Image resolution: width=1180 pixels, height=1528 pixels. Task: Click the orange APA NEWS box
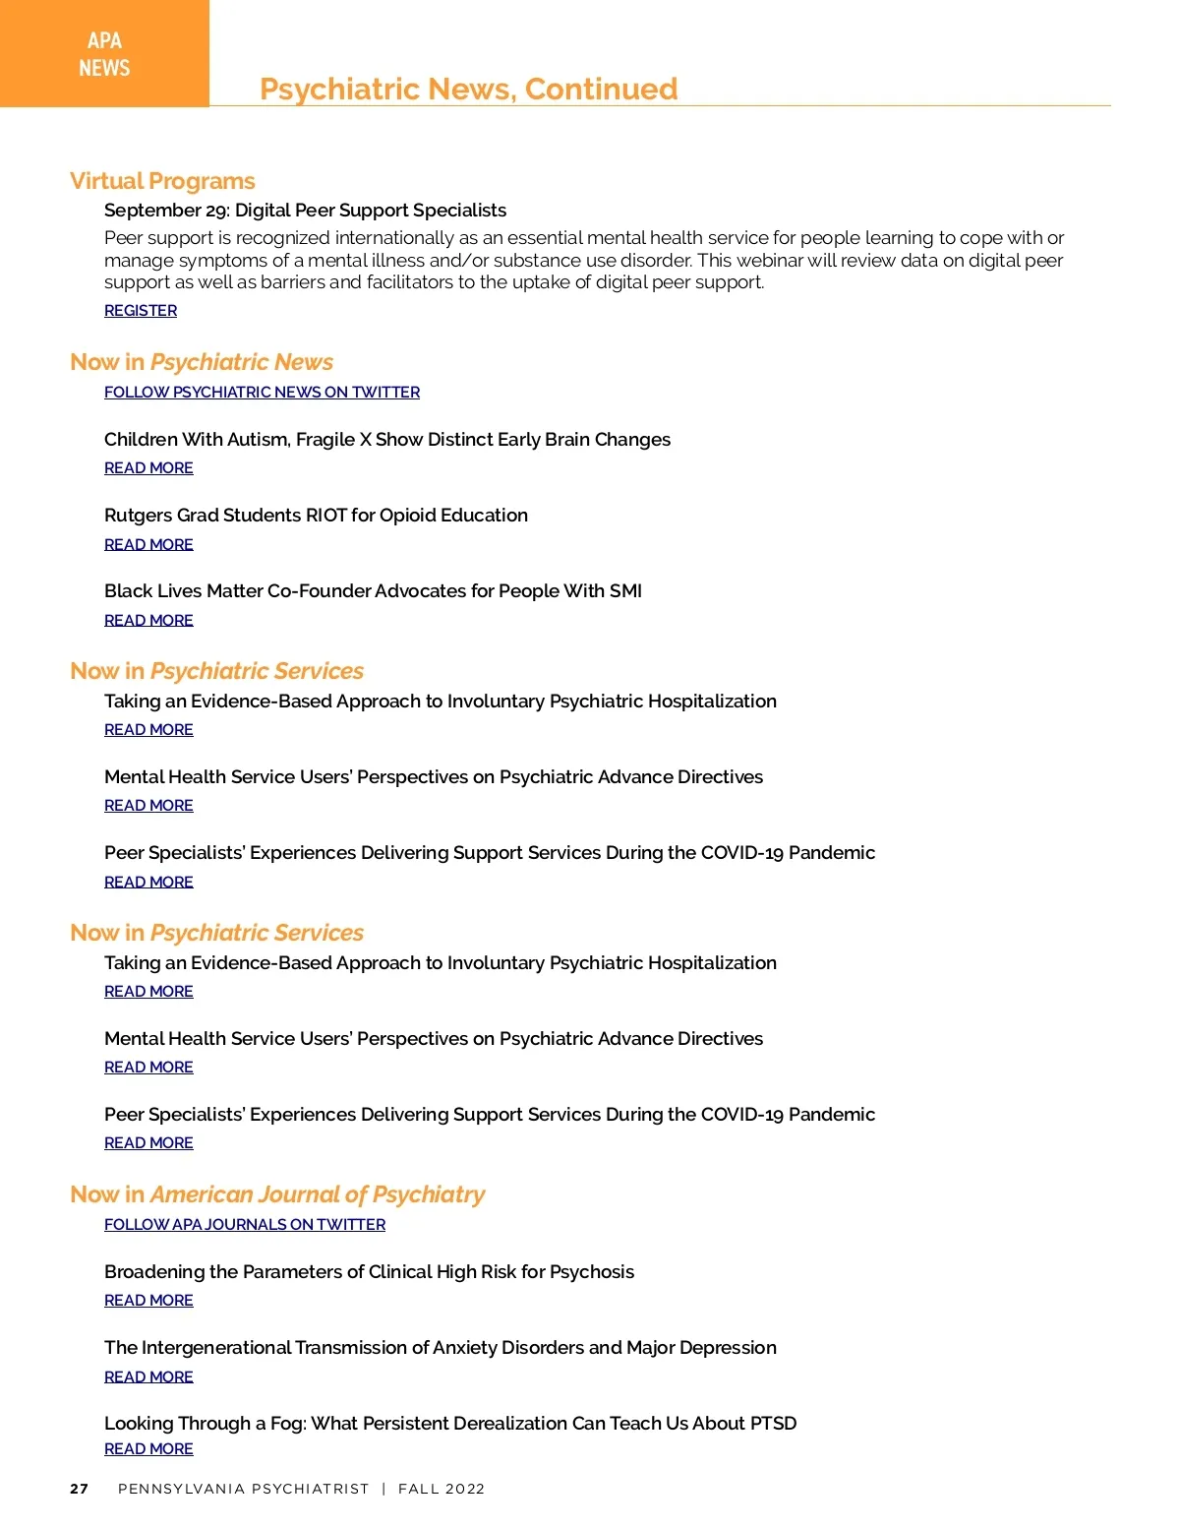(x=104, y=53)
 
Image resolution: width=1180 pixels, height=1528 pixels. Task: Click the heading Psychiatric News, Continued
(x=468, y=89)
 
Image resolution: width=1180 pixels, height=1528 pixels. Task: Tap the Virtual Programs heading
(x=162, y=181)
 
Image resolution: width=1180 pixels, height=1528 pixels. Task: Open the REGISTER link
(x=141, y=311)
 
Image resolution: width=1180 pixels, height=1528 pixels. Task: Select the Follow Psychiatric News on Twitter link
(x=262, y=393)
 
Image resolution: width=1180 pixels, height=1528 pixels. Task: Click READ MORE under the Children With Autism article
(x=148, y=468)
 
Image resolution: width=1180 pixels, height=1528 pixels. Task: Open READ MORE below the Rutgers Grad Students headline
(x=148, y=545)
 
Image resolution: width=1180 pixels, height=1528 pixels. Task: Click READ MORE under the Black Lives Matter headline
(x=148, y=621)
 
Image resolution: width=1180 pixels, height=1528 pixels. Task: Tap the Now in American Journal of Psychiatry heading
(x=277, y=1194)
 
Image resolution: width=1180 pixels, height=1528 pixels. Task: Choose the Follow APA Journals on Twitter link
(x=245, y=1225)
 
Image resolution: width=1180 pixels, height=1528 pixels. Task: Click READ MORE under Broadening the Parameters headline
(x=148, y=1301)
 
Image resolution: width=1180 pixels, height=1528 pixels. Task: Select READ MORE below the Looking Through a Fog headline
(x=148, y=1449)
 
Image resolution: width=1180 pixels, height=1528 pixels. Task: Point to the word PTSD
(x=773, y=1424)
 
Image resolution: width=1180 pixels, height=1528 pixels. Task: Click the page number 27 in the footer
(x=80, y=1489)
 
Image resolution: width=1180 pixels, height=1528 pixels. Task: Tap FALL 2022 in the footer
(x=442, y=1489)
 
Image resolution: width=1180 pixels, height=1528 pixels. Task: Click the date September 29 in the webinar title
(x=165, y=211)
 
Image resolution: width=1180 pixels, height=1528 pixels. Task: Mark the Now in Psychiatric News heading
(x=202, y=362)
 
